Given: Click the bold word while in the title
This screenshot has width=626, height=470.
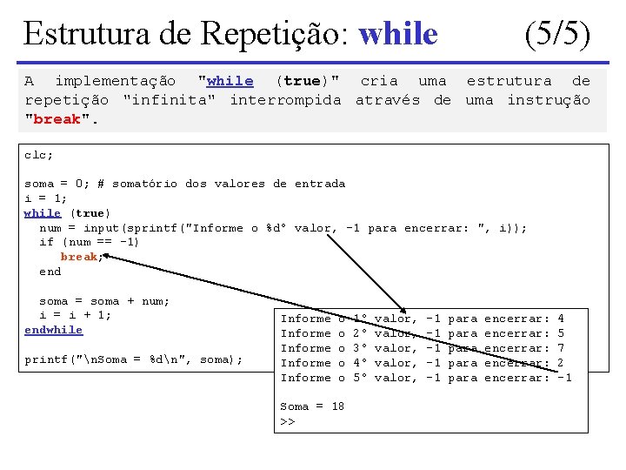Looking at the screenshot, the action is click(x=398, y=34).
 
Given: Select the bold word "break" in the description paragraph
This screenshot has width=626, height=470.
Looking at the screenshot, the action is click(x=58, y=119).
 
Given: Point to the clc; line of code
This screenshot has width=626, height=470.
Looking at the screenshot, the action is click(x=38, y=154).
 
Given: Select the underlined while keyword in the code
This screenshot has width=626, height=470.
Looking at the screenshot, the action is click(x=42, y=213).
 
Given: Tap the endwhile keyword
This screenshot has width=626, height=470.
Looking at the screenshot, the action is click(x=53, y=330).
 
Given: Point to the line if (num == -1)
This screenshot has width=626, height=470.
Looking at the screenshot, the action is click(x=89, y=242).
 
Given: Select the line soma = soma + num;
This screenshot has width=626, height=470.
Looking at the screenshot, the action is click(x=97, y=301).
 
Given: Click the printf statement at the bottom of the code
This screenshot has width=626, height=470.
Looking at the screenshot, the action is click(x=133, y=359).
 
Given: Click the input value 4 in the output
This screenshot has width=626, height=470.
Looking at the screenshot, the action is click(x=561, y=319).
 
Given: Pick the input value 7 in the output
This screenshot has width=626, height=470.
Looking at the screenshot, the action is click(x=561, y=348).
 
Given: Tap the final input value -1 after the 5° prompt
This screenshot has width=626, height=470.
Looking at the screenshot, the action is click(x=563, y=378).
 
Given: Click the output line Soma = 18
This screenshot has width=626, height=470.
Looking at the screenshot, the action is click(x=312, y=406).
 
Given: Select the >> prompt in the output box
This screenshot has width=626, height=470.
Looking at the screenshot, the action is click(x=287, y=421).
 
